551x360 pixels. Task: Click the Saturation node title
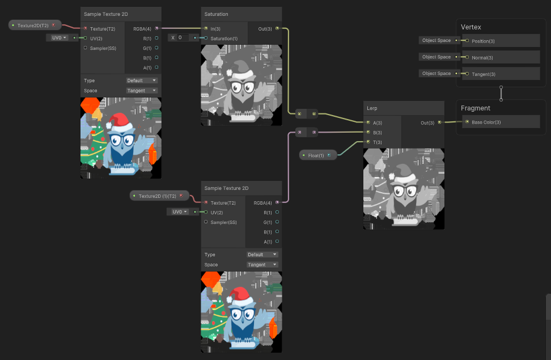click(217, 14)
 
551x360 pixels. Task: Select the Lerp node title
click(372, 108)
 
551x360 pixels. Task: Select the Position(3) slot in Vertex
click(482, 41)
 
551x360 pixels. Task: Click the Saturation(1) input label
click(223, 38)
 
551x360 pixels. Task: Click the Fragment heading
click(475, 108)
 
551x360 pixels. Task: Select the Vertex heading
click(471, 27)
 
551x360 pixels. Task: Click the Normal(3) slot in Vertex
click(482, 57)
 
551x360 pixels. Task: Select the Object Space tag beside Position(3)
click(436, 41)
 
